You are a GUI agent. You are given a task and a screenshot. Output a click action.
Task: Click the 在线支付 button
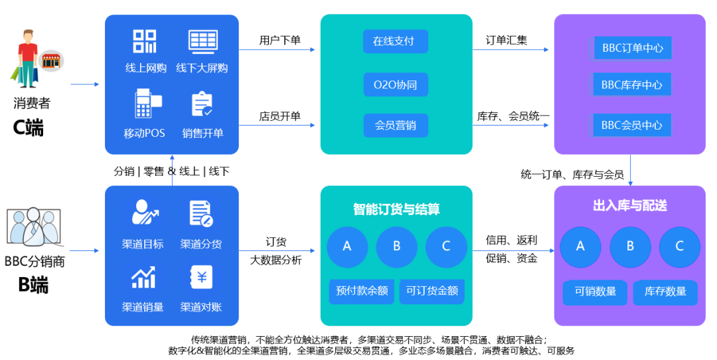tap(395, 41)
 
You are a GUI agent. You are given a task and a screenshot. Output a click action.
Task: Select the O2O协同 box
tap(395, 84)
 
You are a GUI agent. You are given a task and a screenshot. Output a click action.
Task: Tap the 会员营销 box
tap(395, 125)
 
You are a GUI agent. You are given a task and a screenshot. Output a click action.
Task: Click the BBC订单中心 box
tap(633, 48)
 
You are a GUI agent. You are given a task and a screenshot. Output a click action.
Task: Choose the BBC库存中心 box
tap(632, 85)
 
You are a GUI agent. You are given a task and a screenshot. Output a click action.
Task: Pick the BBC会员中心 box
tap(632, 125)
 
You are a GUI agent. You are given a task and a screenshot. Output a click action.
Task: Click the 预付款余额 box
tap(362, 291)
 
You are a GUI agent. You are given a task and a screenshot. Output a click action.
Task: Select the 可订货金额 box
tap(432, 291)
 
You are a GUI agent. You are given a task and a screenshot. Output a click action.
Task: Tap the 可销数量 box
tap(596, 292)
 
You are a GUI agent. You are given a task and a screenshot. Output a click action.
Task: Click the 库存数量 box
tap(665, 292)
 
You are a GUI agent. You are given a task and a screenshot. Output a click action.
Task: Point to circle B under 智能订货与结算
tap(396, 246)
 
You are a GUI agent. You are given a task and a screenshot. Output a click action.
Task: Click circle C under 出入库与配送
tap(679, 246)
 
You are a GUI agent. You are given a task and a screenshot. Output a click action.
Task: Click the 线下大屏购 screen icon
tap(202, 41)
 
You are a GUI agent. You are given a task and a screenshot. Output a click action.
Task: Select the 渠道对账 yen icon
tap(201, 278)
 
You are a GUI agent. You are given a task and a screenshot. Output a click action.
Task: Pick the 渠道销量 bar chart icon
tap(143, 278)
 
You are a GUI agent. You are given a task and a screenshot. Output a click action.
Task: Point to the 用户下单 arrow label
tap(279, 41)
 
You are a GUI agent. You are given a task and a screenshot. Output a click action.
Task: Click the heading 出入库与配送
tap(630, 206)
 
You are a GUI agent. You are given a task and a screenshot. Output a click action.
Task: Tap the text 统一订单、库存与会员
tap(572, 175)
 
